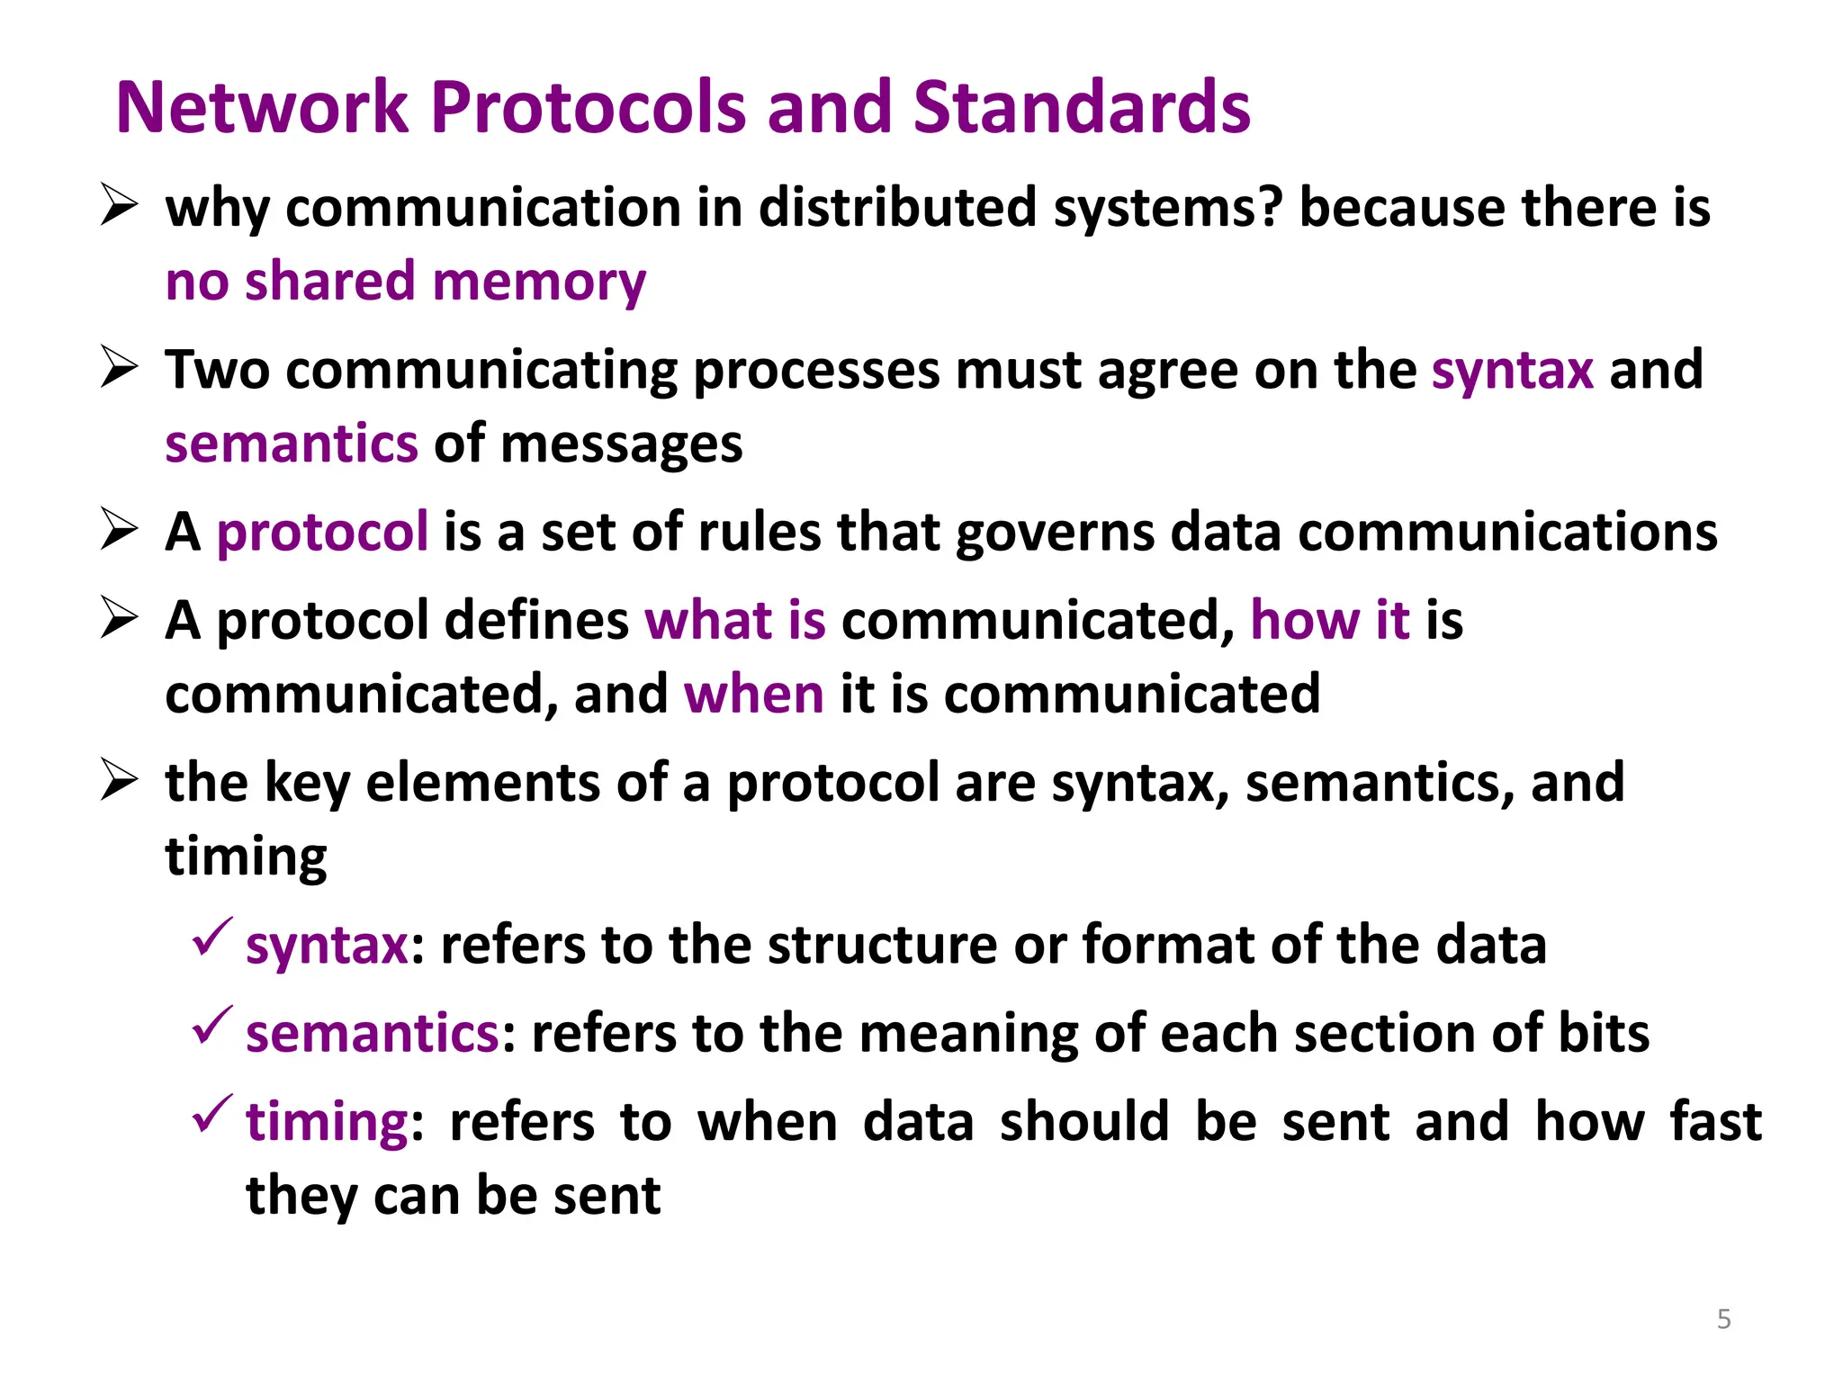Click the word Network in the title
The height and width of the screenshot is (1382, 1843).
click(x=262, y=108)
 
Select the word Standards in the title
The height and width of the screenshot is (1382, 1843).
click(x=1081, y=108)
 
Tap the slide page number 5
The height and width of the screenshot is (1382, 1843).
click(x=1723, y=1319)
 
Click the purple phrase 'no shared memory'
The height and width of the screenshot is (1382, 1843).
click(x=406, y=282)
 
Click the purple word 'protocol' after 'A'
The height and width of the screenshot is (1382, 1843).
click(x=322, y=532)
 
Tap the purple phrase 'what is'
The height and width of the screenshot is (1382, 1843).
click(x=735, y=621)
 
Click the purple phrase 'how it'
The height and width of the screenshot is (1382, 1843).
click(x=1329, y=621)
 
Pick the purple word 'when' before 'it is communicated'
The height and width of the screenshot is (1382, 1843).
click(x=753, y=695)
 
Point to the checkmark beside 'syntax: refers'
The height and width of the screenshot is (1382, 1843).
click(x=212, y=938)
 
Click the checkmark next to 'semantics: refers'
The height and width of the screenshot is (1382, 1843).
click(x=212, y=1026)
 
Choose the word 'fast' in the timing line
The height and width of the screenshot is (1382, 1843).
click(x=1715, y=1122)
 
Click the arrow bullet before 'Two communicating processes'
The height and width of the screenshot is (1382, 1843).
click(x=119, y=368)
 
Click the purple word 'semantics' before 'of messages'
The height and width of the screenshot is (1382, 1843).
click(x=292, y=444)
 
